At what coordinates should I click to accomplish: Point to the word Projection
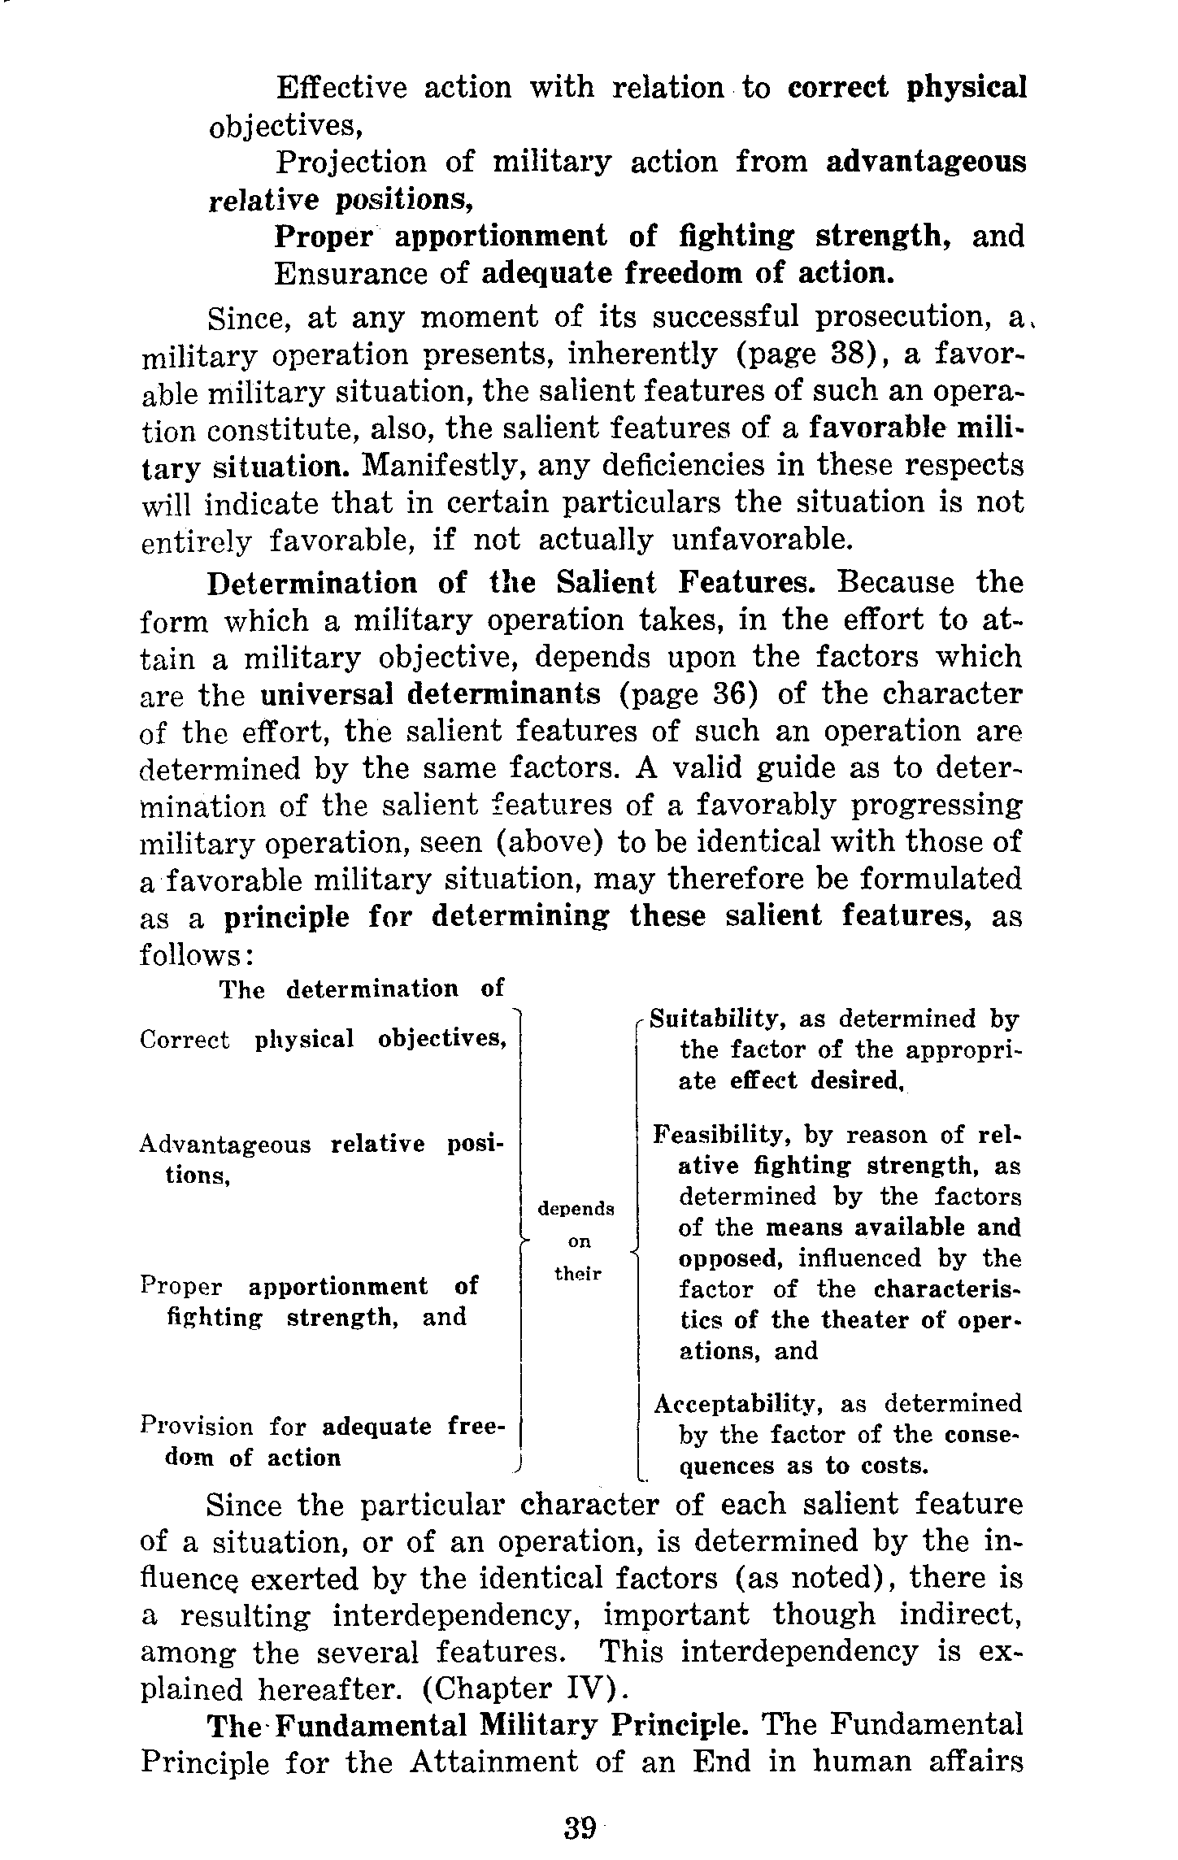[x=350, y=162]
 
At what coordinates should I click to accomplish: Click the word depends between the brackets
[x=576, y=1209]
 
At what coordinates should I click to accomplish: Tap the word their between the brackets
[x=577, y=1274]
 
